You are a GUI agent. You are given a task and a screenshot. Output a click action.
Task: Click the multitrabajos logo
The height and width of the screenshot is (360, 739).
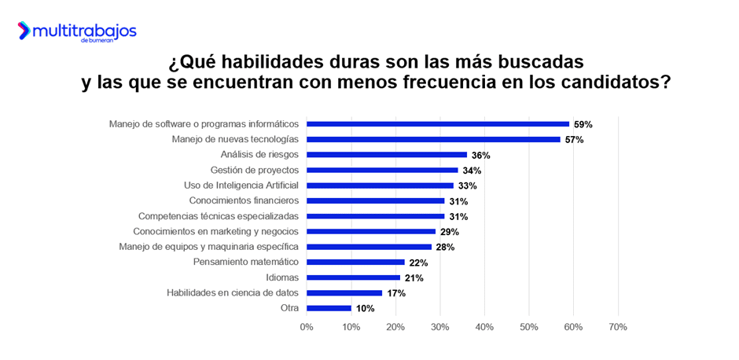pyautogui.click(x=77, y=31)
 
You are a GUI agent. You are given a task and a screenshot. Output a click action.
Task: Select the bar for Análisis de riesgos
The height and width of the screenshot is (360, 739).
pyautogui.click(x=387, y=155)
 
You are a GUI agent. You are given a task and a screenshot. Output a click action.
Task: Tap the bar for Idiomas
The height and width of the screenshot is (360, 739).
pyautogui.click(x=353, y=277)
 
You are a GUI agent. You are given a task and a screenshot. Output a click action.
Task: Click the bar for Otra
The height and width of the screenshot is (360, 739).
pyautogui.click(x=329, y=308)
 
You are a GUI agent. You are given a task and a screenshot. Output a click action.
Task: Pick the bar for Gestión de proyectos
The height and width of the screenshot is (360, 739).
pyautogui.click(x=382, y=170)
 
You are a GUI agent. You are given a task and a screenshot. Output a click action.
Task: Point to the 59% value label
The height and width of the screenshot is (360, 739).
pyautogui.click(x=583, y=124)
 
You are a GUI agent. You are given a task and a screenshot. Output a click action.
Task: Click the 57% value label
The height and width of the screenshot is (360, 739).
pyautogui.click(x=574, y=140)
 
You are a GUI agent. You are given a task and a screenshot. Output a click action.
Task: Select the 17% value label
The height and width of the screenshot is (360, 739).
pyautogui.click(x=395, y=293)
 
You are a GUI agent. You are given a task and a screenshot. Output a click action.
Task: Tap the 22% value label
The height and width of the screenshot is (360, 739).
pyautogui.click(x=417, y=263)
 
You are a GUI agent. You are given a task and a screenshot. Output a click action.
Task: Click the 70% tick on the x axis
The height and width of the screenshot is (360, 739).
pyautogui.click(x=617, y=326)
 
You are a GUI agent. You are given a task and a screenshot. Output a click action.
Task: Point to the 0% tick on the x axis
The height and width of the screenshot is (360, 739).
pyautogui.click(x=307, y=326)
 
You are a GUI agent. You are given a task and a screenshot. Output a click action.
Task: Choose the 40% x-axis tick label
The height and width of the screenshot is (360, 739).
pyautogui.click(x=484, y=326)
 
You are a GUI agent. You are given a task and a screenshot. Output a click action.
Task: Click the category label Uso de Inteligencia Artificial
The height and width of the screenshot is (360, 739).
pyautogui.click(x=241, y=186)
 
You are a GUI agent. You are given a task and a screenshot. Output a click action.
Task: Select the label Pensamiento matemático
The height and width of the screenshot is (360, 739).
pyautogui.click(x=245, y=262)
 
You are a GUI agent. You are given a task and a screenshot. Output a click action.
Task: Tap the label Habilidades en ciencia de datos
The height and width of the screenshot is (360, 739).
pyautogui.click(x=233, y=292)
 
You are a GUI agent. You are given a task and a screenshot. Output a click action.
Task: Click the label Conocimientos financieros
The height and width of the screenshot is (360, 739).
pyautogui.click(x=244, y=200)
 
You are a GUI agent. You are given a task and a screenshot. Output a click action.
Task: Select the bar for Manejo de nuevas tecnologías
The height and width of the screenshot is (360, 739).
pyautogui.click(x=433, y=139)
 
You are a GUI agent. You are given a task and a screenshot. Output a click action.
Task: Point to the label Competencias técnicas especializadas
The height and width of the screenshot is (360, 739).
pyautogui.click(x=219, y=216)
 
